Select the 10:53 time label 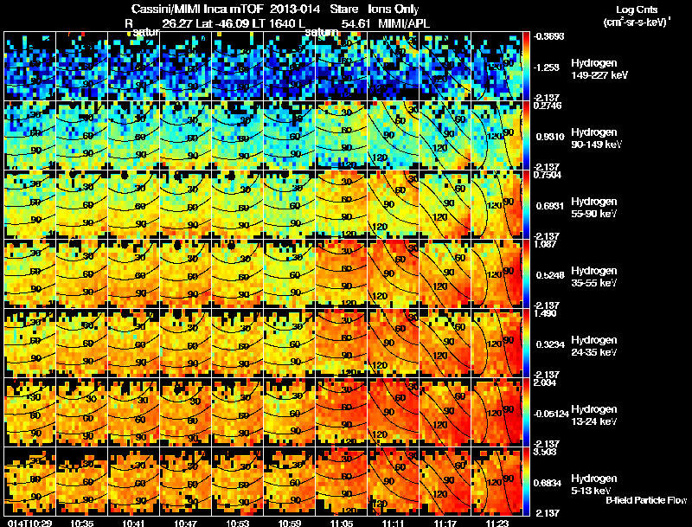(237, 522)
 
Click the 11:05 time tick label (341, 522)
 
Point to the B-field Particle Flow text (645, 500)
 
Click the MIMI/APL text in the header (401, 24)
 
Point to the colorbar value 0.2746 (546, 106)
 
